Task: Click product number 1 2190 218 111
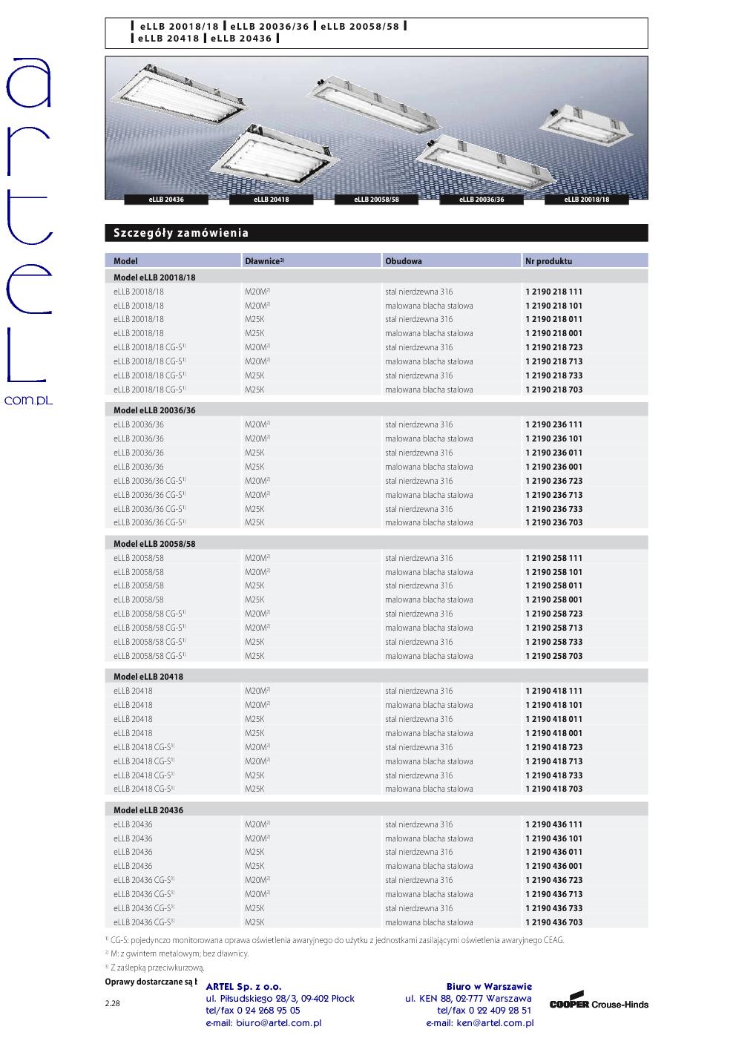pos(553,292)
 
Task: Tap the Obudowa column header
pos(404,261)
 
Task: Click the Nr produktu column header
pos(548,261)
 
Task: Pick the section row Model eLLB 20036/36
pos(154,410)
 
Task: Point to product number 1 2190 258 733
pos(553,642)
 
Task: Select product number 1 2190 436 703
pos(553,922)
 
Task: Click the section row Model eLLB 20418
pos(148,677)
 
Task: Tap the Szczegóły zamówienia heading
pos(181,233)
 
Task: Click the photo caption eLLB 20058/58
pos(376,200)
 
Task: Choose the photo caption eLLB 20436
pos(166,200)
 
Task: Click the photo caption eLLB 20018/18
pos(586,200)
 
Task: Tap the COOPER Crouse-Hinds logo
pos(599,1003)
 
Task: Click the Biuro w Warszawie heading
pos(489,986)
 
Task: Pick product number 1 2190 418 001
pos(553,733)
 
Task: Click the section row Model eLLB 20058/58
pos(154,544)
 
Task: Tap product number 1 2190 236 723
pos(553,481)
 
